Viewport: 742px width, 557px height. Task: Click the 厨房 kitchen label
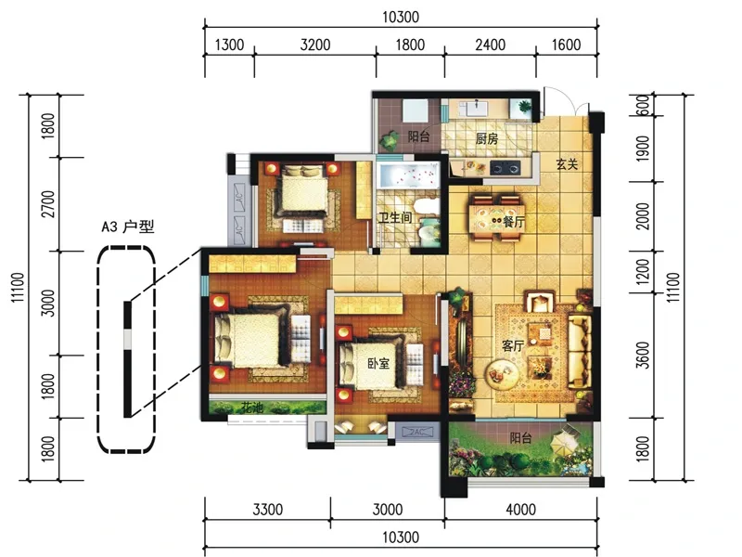point(486,138)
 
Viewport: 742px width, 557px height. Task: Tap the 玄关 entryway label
point(567,164)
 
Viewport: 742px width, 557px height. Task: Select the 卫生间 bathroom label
point(395,218)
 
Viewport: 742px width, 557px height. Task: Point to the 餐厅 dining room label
point(514,221)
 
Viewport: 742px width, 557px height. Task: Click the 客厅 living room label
point(513,345)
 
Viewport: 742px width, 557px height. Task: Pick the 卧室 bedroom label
point(378,363)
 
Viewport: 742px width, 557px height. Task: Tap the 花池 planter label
point(251,407)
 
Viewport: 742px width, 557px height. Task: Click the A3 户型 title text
point(128,227)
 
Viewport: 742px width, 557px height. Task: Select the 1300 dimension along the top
point(229,45)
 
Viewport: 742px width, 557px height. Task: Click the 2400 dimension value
point(491,45)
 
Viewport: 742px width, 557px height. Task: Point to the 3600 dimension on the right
point(643,355)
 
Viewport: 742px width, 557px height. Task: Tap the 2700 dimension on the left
point(48,204)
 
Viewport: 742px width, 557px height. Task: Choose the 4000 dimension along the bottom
point(520,510)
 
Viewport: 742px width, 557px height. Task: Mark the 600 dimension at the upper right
point(643,105)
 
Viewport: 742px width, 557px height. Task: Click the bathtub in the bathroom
point(408,175)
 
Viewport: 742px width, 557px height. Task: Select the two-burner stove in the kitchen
point(505,168)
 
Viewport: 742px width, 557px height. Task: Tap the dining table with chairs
point(496,217)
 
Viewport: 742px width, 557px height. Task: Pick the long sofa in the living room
point(579,351)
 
